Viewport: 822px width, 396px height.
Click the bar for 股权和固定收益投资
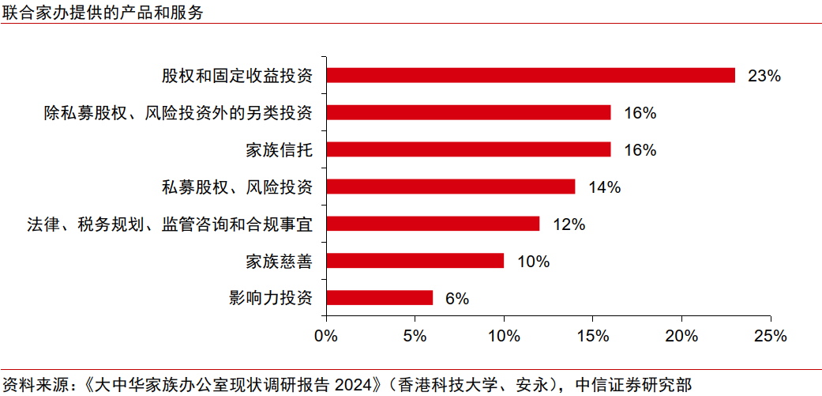[x=530, y=75]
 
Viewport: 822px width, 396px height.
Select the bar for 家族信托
[x=468, y=149]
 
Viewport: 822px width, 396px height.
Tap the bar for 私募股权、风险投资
[x=450, y=187]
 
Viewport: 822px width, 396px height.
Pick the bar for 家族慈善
[x=415, y=261]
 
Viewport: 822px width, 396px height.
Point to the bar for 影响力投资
[x=379, y=298]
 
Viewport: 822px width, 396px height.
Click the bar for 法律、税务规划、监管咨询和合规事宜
[x=433, y=224]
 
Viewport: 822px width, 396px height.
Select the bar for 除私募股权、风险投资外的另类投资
[x=468, y=112]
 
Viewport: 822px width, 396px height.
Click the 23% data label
[x=764, y=76]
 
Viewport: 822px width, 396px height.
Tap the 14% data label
[x=604, y=187]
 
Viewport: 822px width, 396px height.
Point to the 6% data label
[x=456, y=299]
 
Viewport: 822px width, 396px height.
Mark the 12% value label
[x=569, y=224]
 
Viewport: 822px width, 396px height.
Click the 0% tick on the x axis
[x=326, y=335]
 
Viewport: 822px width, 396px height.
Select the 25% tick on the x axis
[x=771, y=335]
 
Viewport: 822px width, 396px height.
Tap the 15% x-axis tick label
[x=593, y=335]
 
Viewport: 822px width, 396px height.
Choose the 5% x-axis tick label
[x=415, y=335]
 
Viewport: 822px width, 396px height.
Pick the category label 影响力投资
[x=271, y=298]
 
